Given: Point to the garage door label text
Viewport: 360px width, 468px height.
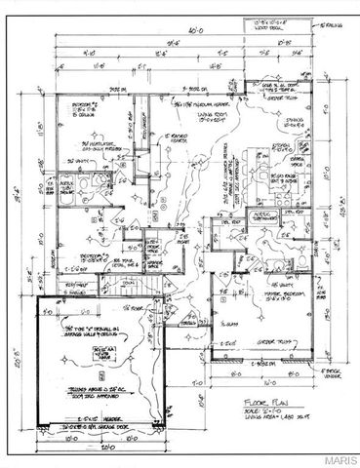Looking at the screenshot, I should [98, 427].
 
